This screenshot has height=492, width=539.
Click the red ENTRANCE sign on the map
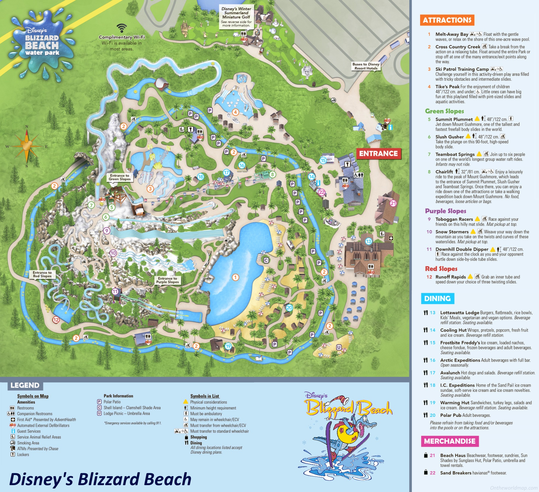[x=378, y=154]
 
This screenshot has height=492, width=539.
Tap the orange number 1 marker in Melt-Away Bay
[x=235, y=277]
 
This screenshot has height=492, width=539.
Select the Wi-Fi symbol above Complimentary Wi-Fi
[x=122, y=28]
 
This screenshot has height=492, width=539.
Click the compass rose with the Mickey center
[x=27, y=146]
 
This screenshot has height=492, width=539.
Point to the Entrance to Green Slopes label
[x=119, y=177]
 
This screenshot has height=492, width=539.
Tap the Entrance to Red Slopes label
[x=42, y=274]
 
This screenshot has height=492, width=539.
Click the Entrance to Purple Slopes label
[x=167, y=280]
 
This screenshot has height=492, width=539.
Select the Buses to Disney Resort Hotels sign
[x=366, y=66]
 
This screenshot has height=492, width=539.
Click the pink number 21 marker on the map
[x=393, y=203]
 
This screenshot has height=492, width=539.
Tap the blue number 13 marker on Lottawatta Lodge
[x=369, y=241]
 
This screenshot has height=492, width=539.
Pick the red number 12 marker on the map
[x=56, y=320]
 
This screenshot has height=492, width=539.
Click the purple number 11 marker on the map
[x=115, y=291]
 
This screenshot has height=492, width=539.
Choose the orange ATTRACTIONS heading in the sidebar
[x=447, y=20]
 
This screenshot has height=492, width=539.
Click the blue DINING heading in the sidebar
[x=437, y=298]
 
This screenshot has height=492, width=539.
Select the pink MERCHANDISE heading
[x=450, y=441]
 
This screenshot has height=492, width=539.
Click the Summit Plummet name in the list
[x=454, y=119]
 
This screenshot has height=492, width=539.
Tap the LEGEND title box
[x=25, y=385]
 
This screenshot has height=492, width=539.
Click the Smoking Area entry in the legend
[x=28, y=443]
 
